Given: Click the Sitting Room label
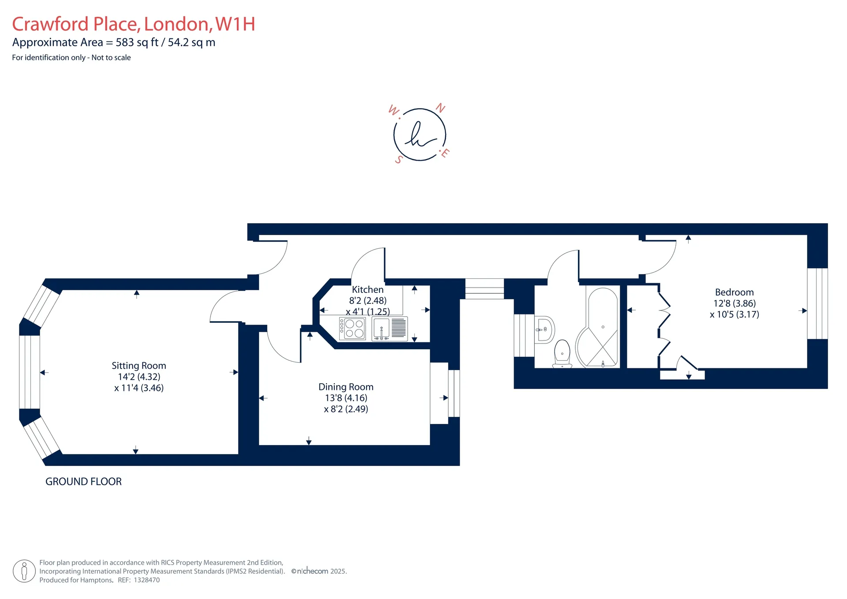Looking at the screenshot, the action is pyautogui.click(x=139, y=366).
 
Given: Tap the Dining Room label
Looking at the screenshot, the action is pyautogui.click(x=346, y=387).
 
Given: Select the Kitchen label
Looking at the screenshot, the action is pyautogui.click(x=368, y=290).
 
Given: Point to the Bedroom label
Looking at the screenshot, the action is pyautogui.click(x=735, y=292).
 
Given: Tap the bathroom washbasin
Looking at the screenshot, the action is pyautogui.click(x=544, y=329).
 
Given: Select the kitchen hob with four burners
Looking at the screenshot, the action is pyautogui.click(x=352, y=329).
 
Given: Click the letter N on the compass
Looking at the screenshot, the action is pyautogui.click(x=441, y=108).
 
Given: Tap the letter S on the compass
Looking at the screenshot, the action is pyautogui.click(x=399, y=160).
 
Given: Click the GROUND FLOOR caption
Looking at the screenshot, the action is pyautogui.click(x=83, y=482).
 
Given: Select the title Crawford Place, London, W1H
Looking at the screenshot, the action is pyautogui.click(x=134, y=24).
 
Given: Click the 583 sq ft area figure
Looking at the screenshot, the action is pyautogui.click(x=137, y=42).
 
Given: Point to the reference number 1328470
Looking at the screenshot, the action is pyautogui.click(x=147, y=580).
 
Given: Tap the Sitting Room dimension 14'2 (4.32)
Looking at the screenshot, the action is pyautogui.click(x=139, y=377).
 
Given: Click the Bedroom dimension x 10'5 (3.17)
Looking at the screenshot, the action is pyautogui.click(x=735, y=314).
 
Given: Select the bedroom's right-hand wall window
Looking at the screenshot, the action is pyautogui.click(x=817, y=303).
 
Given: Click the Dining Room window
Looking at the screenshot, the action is pyautogui.click(x=454, y=393).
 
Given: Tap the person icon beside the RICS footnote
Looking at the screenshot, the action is pyautogui.click(x=24, y=571).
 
